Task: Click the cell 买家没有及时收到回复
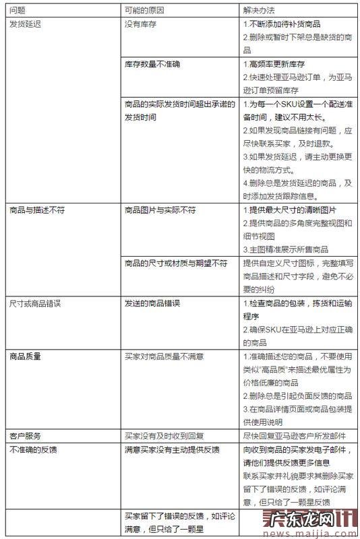164,435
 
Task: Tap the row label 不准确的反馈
32,448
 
